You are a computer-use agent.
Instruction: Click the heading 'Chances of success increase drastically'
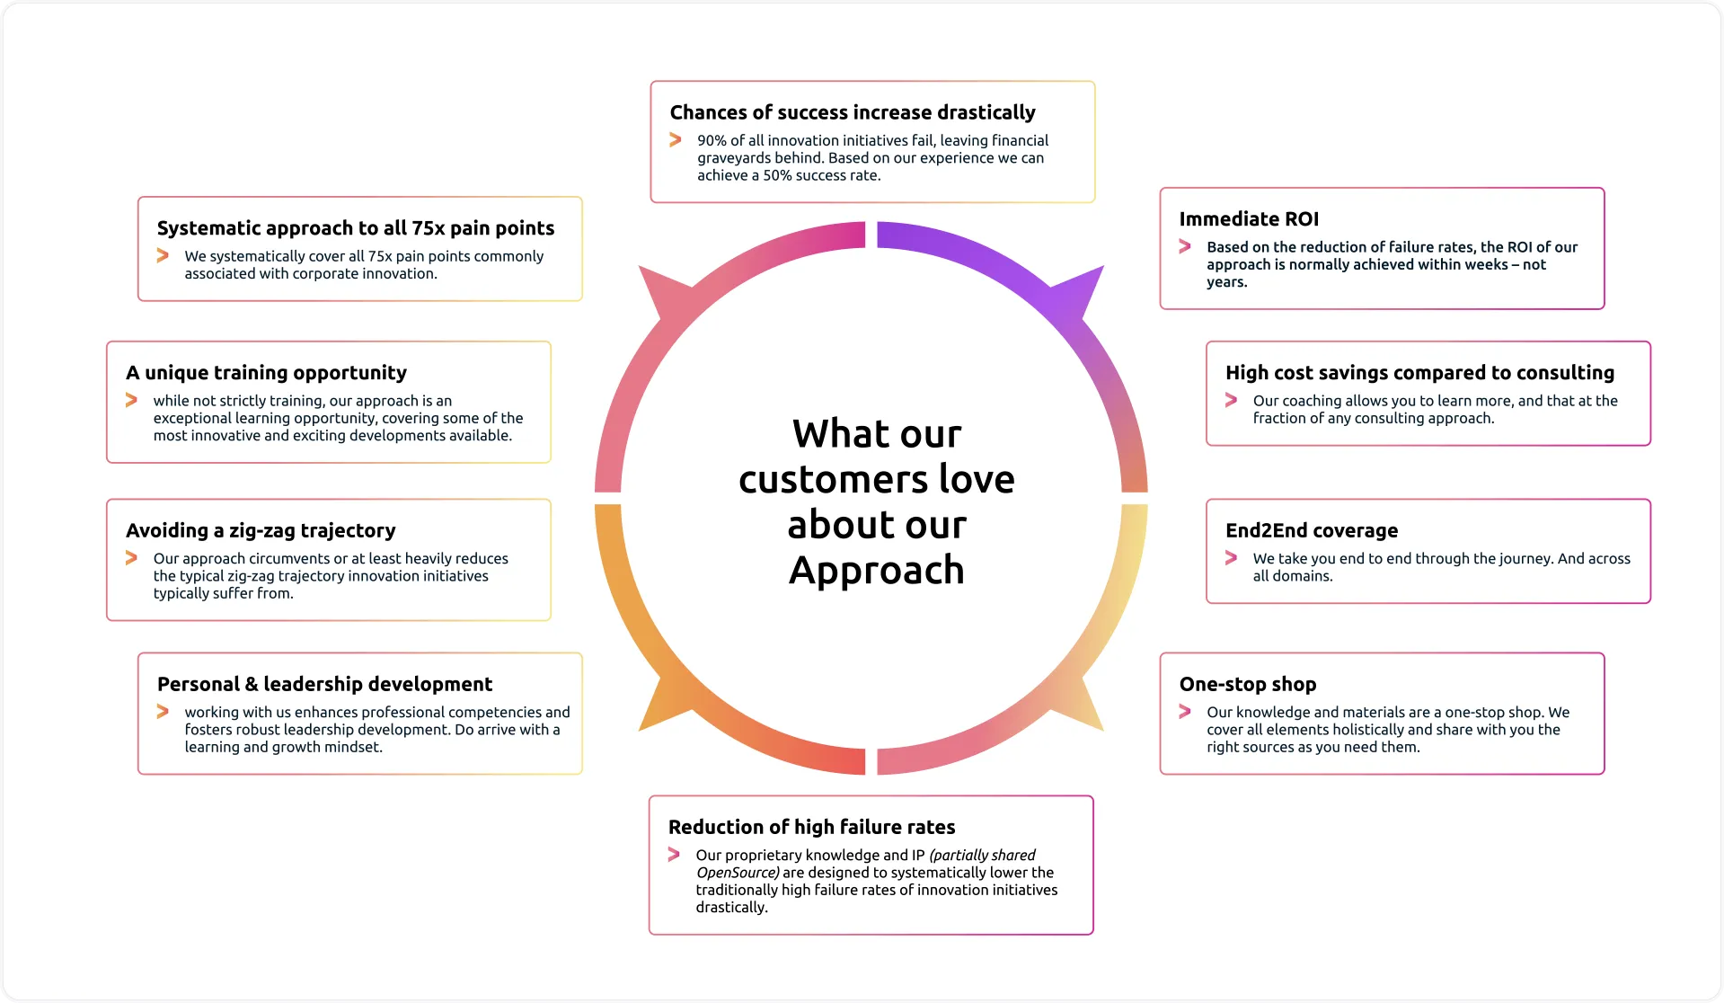852,112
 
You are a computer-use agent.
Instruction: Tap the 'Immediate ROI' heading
1249,219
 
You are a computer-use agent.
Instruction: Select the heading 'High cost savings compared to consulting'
1419,373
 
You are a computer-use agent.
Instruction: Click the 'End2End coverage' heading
1312,530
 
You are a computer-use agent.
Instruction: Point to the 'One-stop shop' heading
1248,684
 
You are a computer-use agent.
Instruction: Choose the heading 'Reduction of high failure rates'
811,827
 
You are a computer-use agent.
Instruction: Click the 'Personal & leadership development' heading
324,684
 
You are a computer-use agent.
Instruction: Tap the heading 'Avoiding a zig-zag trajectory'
261,530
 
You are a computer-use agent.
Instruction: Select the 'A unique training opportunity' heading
266,373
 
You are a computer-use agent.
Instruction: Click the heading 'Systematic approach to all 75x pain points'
356,228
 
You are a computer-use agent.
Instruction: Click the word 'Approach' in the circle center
877,571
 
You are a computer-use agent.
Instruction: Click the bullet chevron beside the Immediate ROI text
1185,246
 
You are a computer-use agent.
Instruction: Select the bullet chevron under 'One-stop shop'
1185,712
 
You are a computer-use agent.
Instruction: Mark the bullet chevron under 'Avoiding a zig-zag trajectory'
131,558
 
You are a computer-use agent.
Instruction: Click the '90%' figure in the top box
712,140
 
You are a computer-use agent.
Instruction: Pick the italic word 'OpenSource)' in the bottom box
738,873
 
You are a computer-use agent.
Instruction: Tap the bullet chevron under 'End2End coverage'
1231,558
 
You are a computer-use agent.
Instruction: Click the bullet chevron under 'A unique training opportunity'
131,400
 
